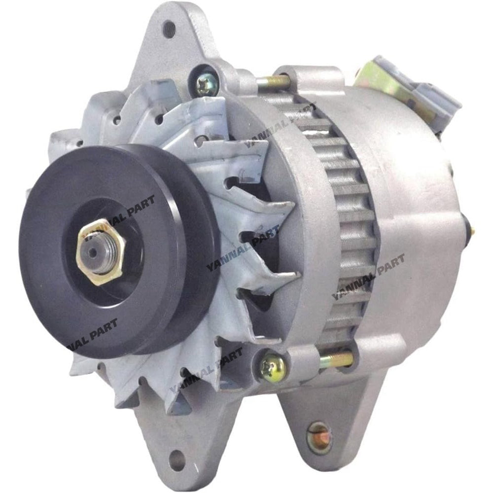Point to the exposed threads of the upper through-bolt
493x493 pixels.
click(274, 82)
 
